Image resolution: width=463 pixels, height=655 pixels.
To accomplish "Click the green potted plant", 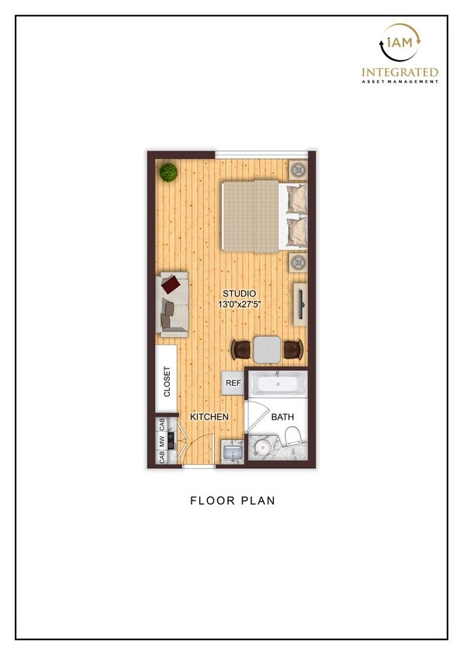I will point(168,172).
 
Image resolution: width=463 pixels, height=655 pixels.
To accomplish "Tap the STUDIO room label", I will point(239,293).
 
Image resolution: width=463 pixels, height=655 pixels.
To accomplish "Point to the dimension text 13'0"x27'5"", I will point(239,305).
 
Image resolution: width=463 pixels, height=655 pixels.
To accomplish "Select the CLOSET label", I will point(166,381).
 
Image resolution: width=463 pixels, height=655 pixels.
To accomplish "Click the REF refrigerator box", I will point(233,382).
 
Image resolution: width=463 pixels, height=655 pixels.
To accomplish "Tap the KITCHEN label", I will point(209,417).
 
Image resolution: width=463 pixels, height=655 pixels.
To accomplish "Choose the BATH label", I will point(282,418).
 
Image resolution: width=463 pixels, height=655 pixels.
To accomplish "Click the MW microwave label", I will point(162,441).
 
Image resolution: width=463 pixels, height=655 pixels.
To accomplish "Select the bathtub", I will point(277,385).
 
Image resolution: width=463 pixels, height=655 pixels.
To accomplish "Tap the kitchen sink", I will point(230,452).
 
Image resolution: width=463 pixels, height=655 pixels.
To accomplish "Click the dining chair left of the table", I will point(242,350).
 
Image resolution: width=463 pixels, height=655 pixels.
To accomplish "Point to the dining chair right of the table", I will point(293,350).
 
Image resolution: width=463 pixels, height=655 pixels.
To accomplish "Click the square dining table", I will point(268,350).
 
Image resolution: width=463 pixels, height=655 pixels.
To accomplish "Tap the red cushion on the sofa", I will point(178,282).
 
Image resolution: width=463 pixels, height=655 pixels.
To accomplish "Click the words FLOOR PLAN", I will point(233,501).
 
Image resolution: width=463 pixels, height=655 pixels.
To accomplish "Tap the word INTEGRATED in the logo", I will point(400,73).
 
